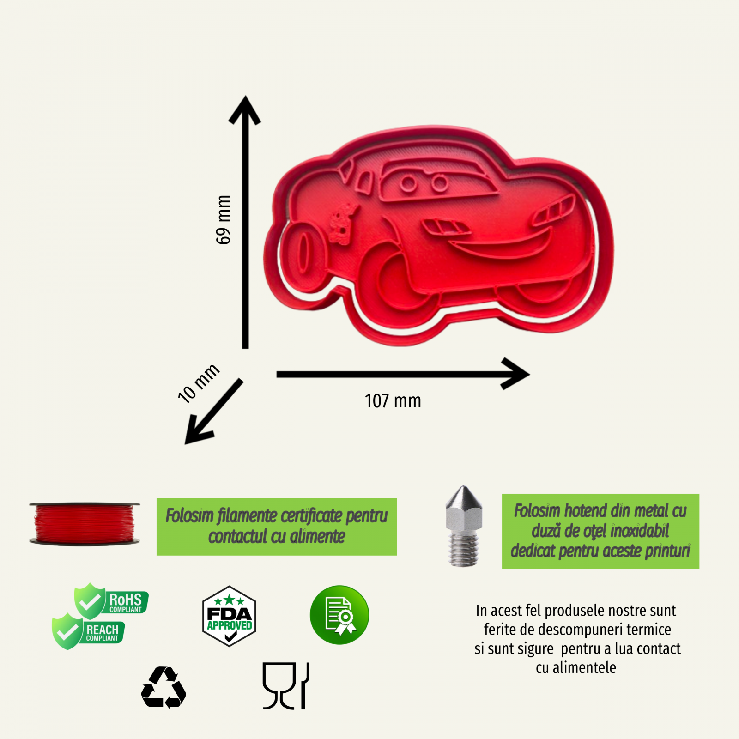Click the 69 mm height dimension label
pos(223,219)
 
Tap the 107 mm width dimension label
pos(393,401)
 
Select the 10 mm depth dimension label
pos(199,383)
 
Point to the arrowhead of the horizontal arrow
pos(515,374)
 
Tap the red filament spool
pos(85,524)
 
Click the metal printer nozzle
pos(464,526)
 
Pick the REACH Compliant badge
pos(88,631)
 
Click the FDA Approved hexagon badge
pos(229,616)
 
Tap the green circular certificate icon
pos(339,615)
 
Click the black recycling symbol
pos(164,688)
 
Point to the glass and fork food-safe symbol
pos(286,686)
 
